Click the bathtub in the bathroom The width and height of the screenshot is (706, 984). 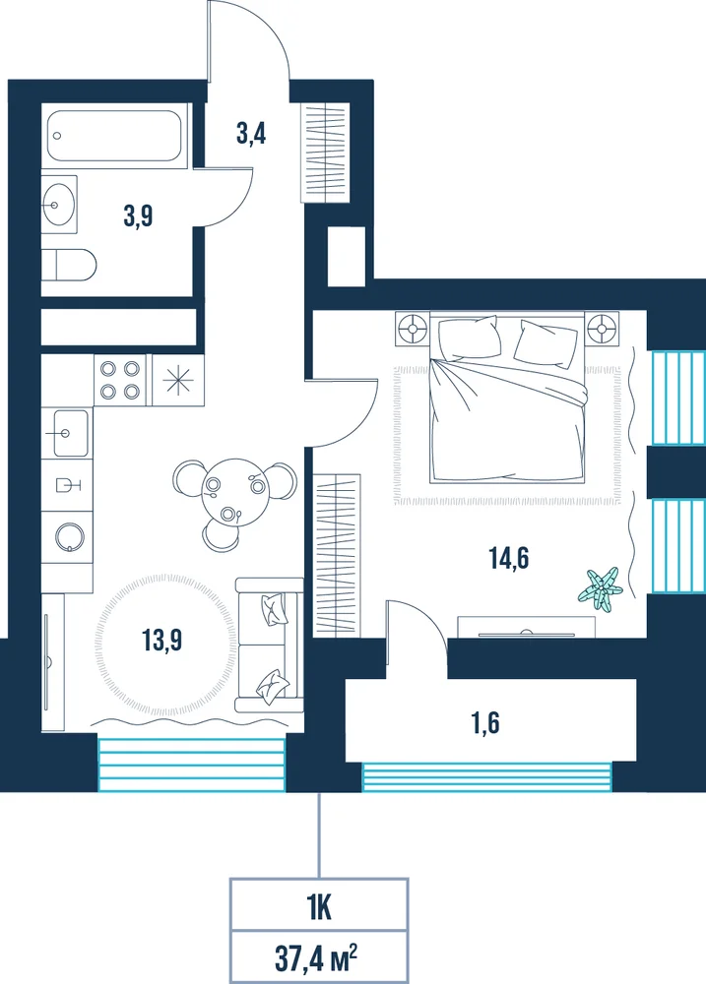click(x=114, y=136)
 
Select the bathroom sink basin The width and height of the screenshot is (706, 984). click(x=60, y=204)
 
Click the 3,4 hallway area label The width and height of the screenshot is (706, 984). click(x=251, y=134)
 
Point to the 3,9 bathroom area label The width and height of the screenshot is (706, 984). click(x=138, y=216)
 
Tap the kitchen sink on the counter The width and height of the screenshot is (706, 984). click(x=70, y=433)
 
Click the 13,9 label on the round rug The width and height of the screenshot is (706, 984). click(x=161, y=641)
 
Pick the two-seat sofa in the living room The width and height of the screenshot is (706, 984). click(x=269, y=646)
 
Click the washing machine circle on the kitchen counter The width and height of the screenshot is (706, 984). click(x=70, y=536)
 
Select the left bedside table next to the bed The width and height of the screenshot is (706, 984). click(x=412, y=329)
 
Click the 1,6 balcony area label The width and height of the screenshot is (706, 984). click(x=485, y=723)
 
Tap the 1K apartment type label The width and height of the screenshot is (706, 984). click(x=319, y=908)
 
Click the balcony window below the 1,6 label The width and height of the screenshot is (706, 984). click(x=486, y=776)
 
